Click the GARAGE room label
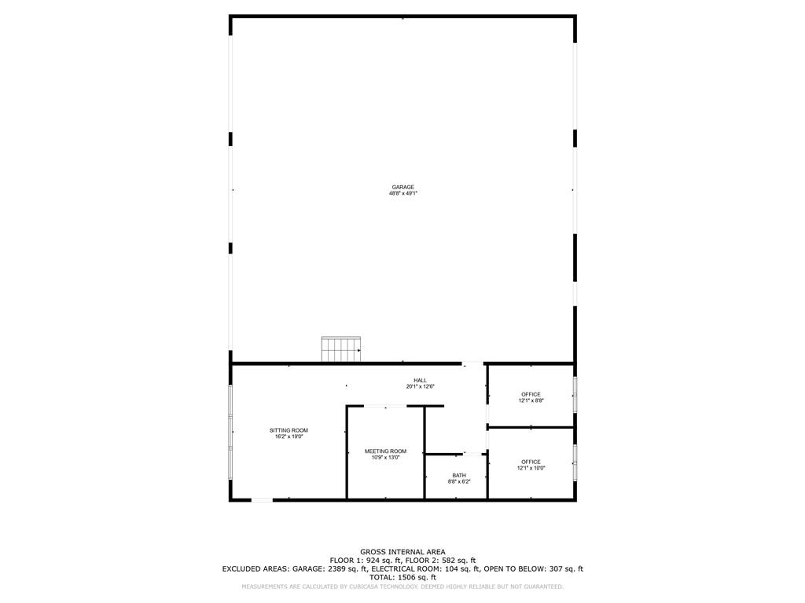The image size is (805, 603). [402, 187]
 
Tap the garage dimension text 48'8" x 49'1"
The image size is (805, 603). [402, 193]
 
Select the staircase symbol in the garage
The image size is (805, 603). [340, 349]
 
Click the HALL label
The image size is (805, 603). [420, 380]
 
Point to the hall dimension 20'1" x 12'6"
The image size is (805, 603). [420, 386]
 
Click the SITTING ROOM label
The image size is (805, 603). [289, 430]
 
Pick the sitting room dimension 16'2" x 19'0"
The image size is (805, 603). [289, 437]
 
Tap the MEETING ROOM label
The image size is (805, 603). [385, 451]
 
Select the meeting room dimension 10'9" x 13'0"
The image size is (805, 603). [385, 457]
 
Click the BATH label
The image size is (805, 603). [458, 475]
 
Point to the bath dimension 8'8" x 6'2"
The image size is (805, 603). [458, 481]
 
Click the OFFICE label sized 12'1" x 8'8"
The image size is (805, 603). [531, 394]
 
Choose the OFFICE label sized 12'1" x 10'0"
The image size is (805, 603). [531, 462]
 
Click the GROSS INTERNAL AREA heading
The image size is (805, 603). [402, 552]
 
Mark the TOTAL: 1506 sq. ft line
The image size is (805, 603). [402, 577]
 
